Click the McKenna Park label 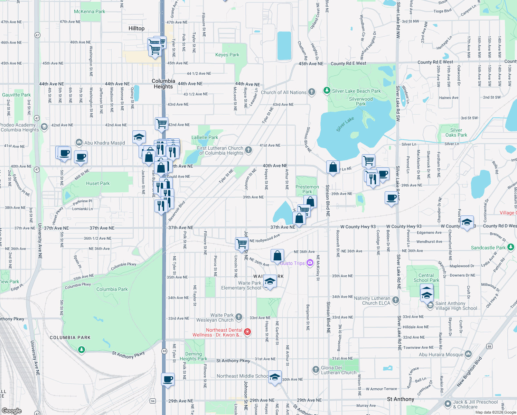click(90, 12)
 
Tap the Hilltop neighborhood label click(137, 28)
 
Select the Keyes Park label click(227, 55)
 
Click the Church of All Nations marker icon click(312, 92)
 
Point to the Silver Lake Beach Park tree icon click(327, 91)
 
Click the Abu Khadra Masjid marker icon click(79, 142)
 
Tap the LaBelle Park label click(205, 137)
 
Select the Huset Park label click(98, 183)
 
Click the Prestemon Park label click(307, 189)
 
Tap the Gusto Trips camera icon click(310, 263)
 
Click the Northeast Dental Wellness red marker click(247, 332)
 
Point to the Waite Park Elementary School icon click(270, 282)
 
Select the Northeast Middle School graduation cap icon click(275, 377)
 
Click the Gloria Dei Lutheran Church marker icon click(316, 370)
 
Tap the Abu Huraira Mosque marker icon click(468, 354)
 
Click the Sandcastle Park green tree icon click(511, 247)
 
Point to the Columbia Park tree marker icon click(81, 350)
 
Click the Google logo click(11, 411)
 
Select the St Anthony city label click(401, 399)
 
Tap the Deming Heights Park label click(194, 356)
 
